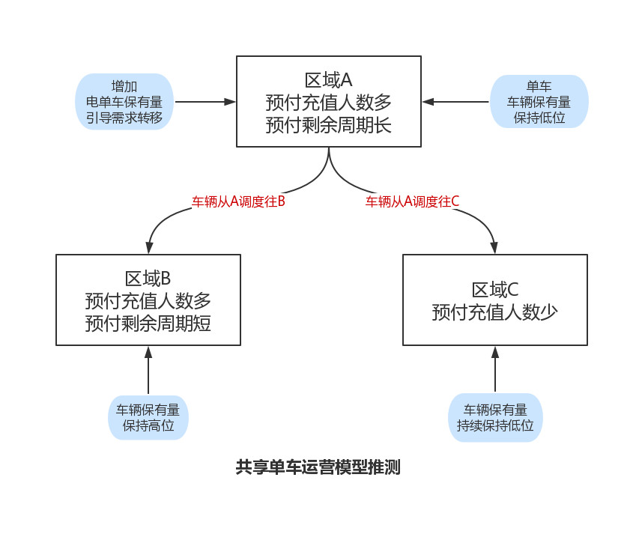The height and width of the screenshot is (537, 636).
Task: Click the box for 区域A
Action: (x=328, y=101)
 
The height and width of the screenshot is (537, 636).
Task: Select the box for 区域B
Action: (x=148, y=300)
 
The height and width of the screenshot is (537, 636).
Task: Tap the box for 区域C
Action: (x=494, y=300)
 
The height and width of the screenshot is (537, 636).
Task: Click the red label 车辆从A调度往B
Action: (x=239, y=201)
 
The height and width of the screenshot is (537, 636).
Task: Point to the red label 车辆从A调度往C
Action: (x=413, y=201)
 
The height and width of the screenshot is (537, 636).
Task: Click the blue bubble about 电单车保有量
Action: (x=124, y=101)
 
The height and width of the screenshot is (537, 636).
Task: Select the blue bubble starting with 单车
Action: (x=539, y=101)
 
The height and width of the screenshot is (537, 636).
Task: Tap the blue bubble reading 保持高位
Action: (x=148, y=418)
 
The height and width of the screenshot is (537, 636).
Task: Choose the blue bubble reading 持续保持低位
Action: (x=495, y=418)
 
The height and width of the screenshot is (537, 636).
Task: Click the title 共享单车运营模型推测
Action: (x=318, y=468)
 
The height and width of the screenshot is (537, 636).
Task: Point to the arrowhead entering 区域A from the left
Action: (x=230, y=101)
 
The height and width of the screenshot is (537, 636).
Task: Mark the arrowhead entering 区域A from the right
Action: (x=428, y=101)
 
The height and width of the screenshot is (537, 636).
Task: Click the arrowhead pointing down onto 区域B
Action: (x=150, y=248)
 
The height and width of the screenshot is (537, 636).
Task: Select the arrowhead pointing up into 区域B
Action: (x=148, y=352)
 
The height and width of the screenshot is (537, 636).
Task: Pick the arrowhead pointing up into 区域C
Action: (x=494, y=352)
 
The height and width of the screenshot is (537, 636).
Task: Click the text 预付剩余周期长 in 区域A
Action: (x=328, y=124)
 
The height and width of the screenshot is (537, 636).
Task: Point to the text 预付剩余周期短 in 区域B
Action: (x=148, y=324)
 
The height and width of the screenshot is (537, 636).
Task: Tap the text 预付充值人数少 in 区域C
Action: (x=494, y=312)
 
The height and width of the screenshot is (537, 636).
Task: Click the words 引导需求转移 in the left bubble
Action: (x=124, y=118)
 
